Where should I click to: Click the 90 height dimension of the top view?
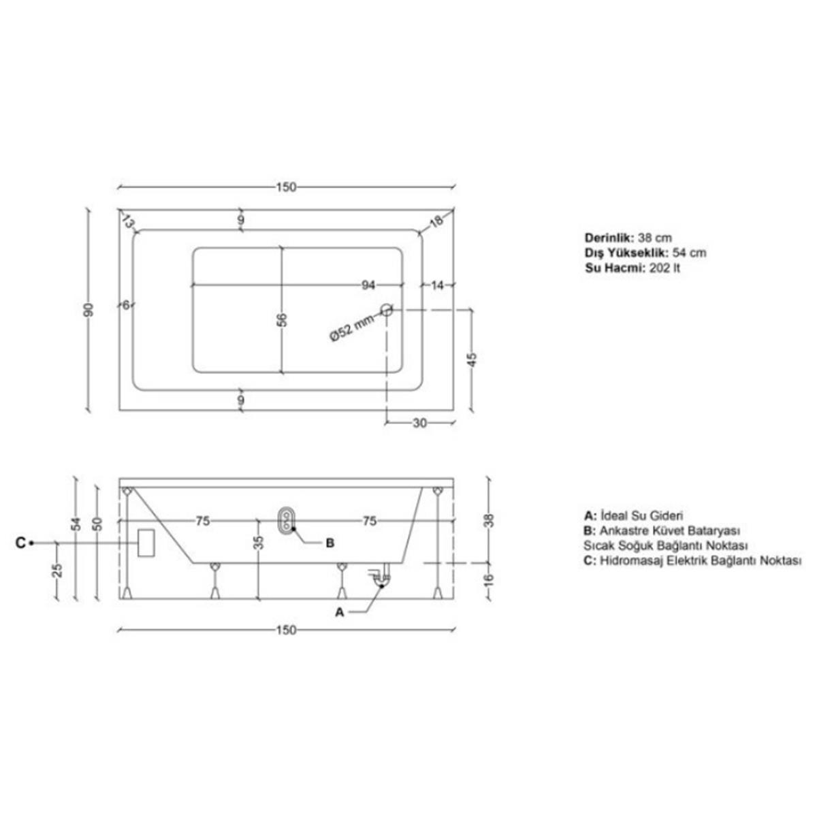pyautogui.click(x=89, y=310)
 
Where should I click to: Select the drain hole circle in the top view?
pyautogui.click(x=386, y=310)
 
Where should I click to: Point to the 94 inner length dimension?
pyautogui.click(x=369, y=285)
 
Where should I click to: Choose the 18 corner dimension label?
pyautogui.click(x=436, y=221)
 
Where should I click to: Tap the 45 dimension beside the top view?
pyautogui.click(x=473, y=360)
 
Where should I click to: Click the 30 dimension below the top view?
pyautogui.click(x=420, y=423)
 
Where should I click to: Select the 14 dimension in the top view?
pyautogui.click(x=437, y=285)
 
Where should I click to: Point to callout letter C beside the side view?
pyautogui.click(x=20, y=543)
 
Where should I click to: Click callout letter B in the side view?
pyautogui.click(x=330, y=543)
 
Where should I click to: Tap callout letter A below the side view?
pyautogui.click(x=339, y=612)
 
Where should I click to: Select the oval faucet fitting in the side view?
pyautogui.click(x=287, y=520)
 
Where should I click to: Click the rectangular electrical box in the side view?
pyautogui.click(x=146, y=543)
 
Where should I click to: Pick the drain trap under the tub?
pyautogui.click(x=381, y=575)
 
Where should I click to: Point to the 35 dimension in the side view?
pyautogui.click(x=260, y=543)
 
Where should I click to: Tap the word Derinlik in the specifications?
pyautogui.click(x=609, y=238)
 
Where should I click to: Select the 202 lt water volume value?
pyautogui.click(x=664, y=268)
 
